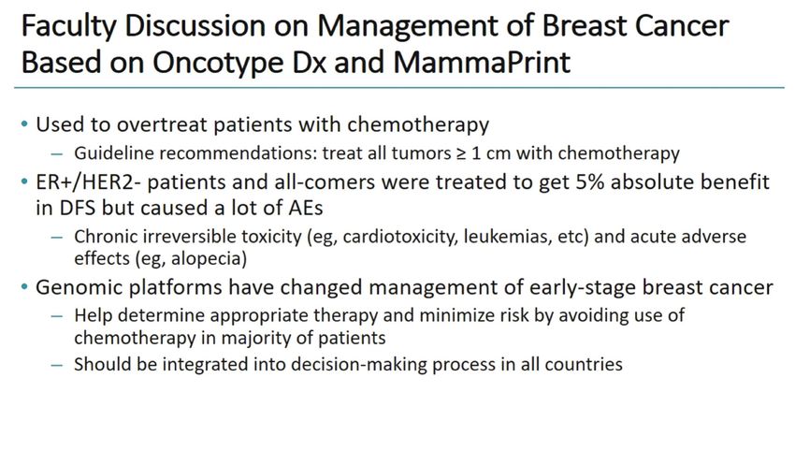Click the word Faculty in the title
68,26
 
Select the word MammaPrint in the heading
482,63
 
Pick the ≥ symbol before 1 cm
461,153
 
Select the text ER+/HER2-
88,182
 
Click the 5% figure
590,182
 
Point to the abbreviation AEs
307,208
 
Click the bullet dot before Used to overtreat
24,124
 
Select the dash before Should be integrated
57,365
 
